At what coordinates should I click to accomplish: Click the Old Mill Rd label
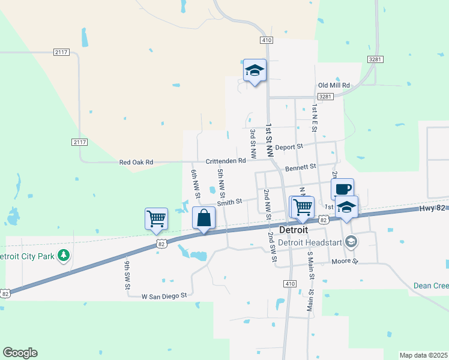point(334,85)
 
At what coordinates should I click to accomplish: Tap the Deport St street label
point(290,146)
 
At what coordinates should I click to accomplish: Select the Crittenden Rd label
point(226,161)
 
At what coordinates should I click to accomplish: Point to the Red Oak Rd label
point(136,162)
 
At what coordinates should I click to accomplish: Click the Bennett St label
point(300,168)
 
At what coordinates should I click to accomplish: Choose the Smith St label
point(229,202)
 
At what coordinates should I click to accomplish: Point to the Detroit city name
point(294,230)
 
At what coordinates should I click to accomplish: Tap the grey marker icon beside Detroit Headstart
point(352,242)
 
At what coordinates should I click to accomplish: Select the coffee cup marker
point(342,189)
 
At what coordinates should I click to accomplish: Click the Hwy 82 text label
point(433,208)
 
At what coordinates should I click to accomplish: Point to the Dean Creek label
point(431,286)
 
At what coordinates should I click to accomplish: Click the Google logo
point(20,353)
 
